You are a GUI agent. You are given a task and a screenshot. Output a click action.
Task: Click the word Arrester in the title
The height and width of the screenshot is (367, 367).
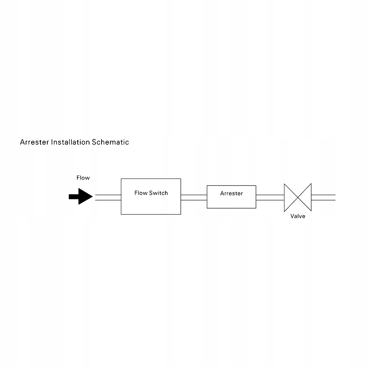coord(34,142)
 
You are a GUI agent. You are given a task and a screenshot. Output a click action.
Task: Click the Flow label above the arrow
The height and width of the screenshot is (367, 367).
coord(83,178)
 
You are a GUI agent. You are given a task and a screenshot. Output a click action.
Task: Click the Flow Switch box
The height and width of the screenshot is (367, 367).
coord(151,203)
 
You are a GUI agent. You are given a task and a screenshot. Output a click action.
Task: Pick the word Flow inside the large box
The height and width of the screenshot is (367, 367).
coord(141,193)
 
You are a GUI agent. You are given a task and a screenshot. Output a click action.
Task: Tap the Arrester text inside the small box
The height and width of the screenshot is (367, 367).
coord(231,193)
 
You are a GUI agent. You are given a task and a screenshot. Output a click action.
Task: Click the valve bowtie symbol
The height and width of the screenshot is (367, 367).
coord(298,197)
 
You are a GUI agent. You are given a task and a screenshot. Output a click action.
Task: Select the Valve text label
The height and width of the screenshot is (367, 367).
coord(298,216)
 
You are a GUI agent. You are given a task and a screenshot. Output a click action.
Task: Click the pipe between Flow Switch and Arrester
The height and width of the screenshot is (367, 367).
coord(194,197)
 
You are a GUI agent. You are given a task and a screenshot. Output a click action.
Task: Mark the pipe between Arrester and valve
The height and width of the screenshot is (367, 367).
coord(270,197)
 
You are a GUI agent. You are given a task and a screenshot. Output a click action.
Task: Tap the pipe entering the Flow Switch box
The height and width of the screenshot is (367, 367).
coord(108,197)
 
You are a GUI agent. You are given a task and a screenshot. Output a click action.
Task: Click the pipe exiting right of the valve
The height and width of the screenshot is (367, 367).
coord(323,197)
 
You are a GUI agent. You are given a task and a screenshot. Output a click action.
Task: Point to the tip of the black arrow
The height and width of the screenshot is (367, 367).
coord(92,197)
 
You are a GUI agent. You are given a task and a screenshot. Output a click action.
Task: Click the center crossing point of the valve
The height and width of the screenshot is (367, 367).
coord(298,197)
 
